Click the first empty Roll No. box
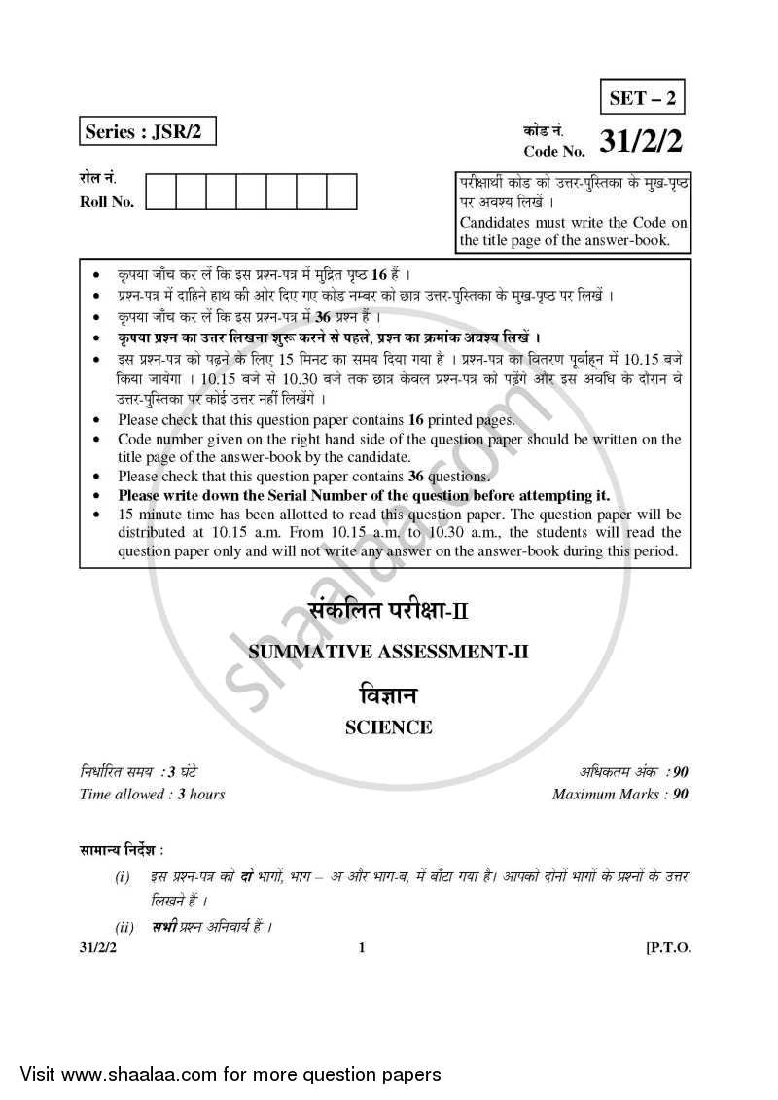click(x=161, y=191)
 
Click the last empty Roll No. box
click(x=341, y=191)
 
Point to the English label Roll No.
click(x=107, y=202)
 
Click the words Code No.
click(x=554, y=152)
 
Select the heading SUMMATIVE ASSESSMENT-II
click(x=388, y=653)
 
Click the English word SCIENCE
click(x=388, y=727)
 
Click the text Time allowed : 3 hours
click(x=152, y=794)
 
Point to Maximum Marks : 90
click(x=620, y=794)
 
